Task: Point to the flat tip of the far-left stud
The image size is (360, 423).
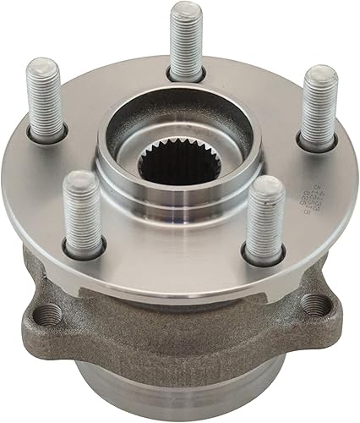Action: (40, 66)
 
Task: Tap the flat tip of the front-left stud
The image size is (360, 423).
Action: (81, 179)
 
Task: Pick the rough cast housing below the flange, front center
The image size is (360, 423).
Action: (182, 338)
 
